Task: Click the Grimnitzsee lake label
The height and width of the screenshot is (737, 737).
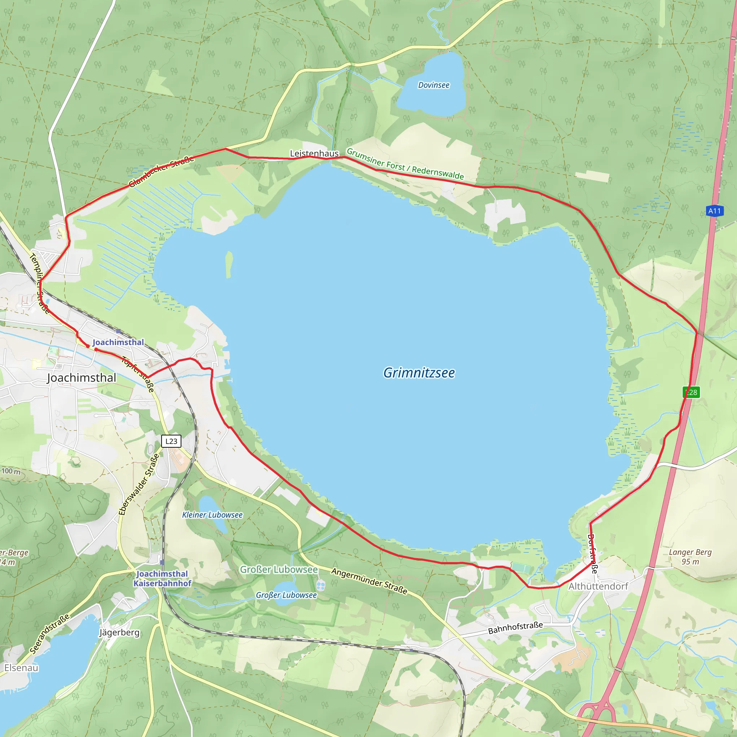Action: tap(419, 373)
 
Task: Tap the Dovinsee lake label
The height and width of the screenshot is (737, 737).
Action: tap(434, 85)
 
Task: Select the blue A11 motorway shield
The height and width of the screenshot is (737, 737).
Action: tap(714, 211)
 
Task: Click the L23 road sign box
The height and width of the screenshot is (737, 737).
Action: tap(171, 441)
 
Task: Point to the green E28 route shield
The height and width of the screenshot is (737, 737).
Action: tap(691, 392)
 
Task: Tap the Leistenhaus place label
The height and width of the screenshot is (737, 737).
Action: tap(314, 153)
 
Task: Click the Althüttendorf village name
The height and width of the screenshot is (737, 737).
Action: tap(598, 586)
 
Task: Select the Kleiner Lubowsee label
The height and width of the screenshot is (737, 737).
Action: tap(212, 515)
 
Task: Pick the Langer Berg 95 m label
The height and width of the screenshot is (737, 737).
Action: tap(691, 557)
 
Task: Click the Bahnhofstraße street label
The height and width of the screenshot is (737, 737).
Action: tap(515, 628)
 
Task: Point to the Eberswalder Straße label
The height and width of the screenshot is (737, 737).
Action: tap(139, 484)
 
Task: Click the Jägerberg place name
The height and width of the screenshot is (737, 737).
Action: tap(119, 633)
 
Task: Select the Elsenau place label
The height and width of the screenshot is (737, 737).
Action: tap(21, 668)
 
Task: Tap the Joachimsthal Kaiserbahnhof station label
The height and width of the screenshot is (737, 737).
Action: tap(162, 579)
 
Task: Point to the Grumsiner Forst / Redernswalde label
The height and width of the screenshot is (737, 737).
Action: tap(405, 164)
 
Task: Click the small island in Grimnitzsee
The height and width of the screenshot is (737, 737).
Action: tap(229, 264)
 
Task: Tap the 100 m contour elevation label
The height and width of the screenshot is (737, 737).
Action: tap(11, 471)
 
